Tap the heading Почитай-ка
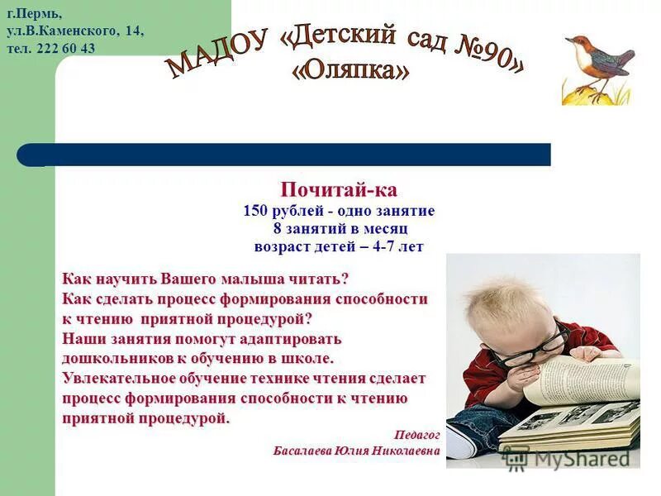[x=339, y=190]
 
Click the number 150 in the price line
[x=255, y=211]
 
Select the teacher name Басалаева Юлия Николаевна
[x=356, y=451]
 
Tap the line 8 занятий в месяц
[x=340, y=229]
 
